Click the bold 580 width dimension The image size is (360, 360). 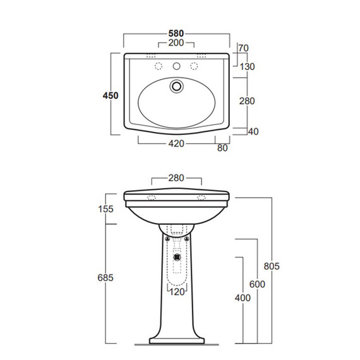pyautogui.click(x=176, y=33)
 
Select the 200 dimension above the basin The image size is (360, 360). pyautogui.click(x=176, y=43)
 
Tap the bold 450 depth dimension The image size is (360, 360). pyautogui.click(x=111, y=95)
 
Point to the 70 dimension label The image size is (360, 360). pyautogui.click(x=243, y=48)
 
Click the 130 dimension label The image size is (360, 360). pyautogui.click(x=248, y=67)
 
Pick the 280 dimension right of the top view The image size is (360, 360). pyautogui.click(x=247, y=101)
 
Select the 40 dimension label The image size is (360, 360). pyautogui.click(x=253, y=131)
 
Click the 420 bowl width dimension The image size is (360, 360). pyautogui.click(x=176, y=144)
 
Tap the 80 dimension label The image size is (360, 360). pyautogui.click(x=222, y=148)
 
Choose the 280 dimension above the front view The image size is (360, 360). pyautogui.click(x=176, y=178)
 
